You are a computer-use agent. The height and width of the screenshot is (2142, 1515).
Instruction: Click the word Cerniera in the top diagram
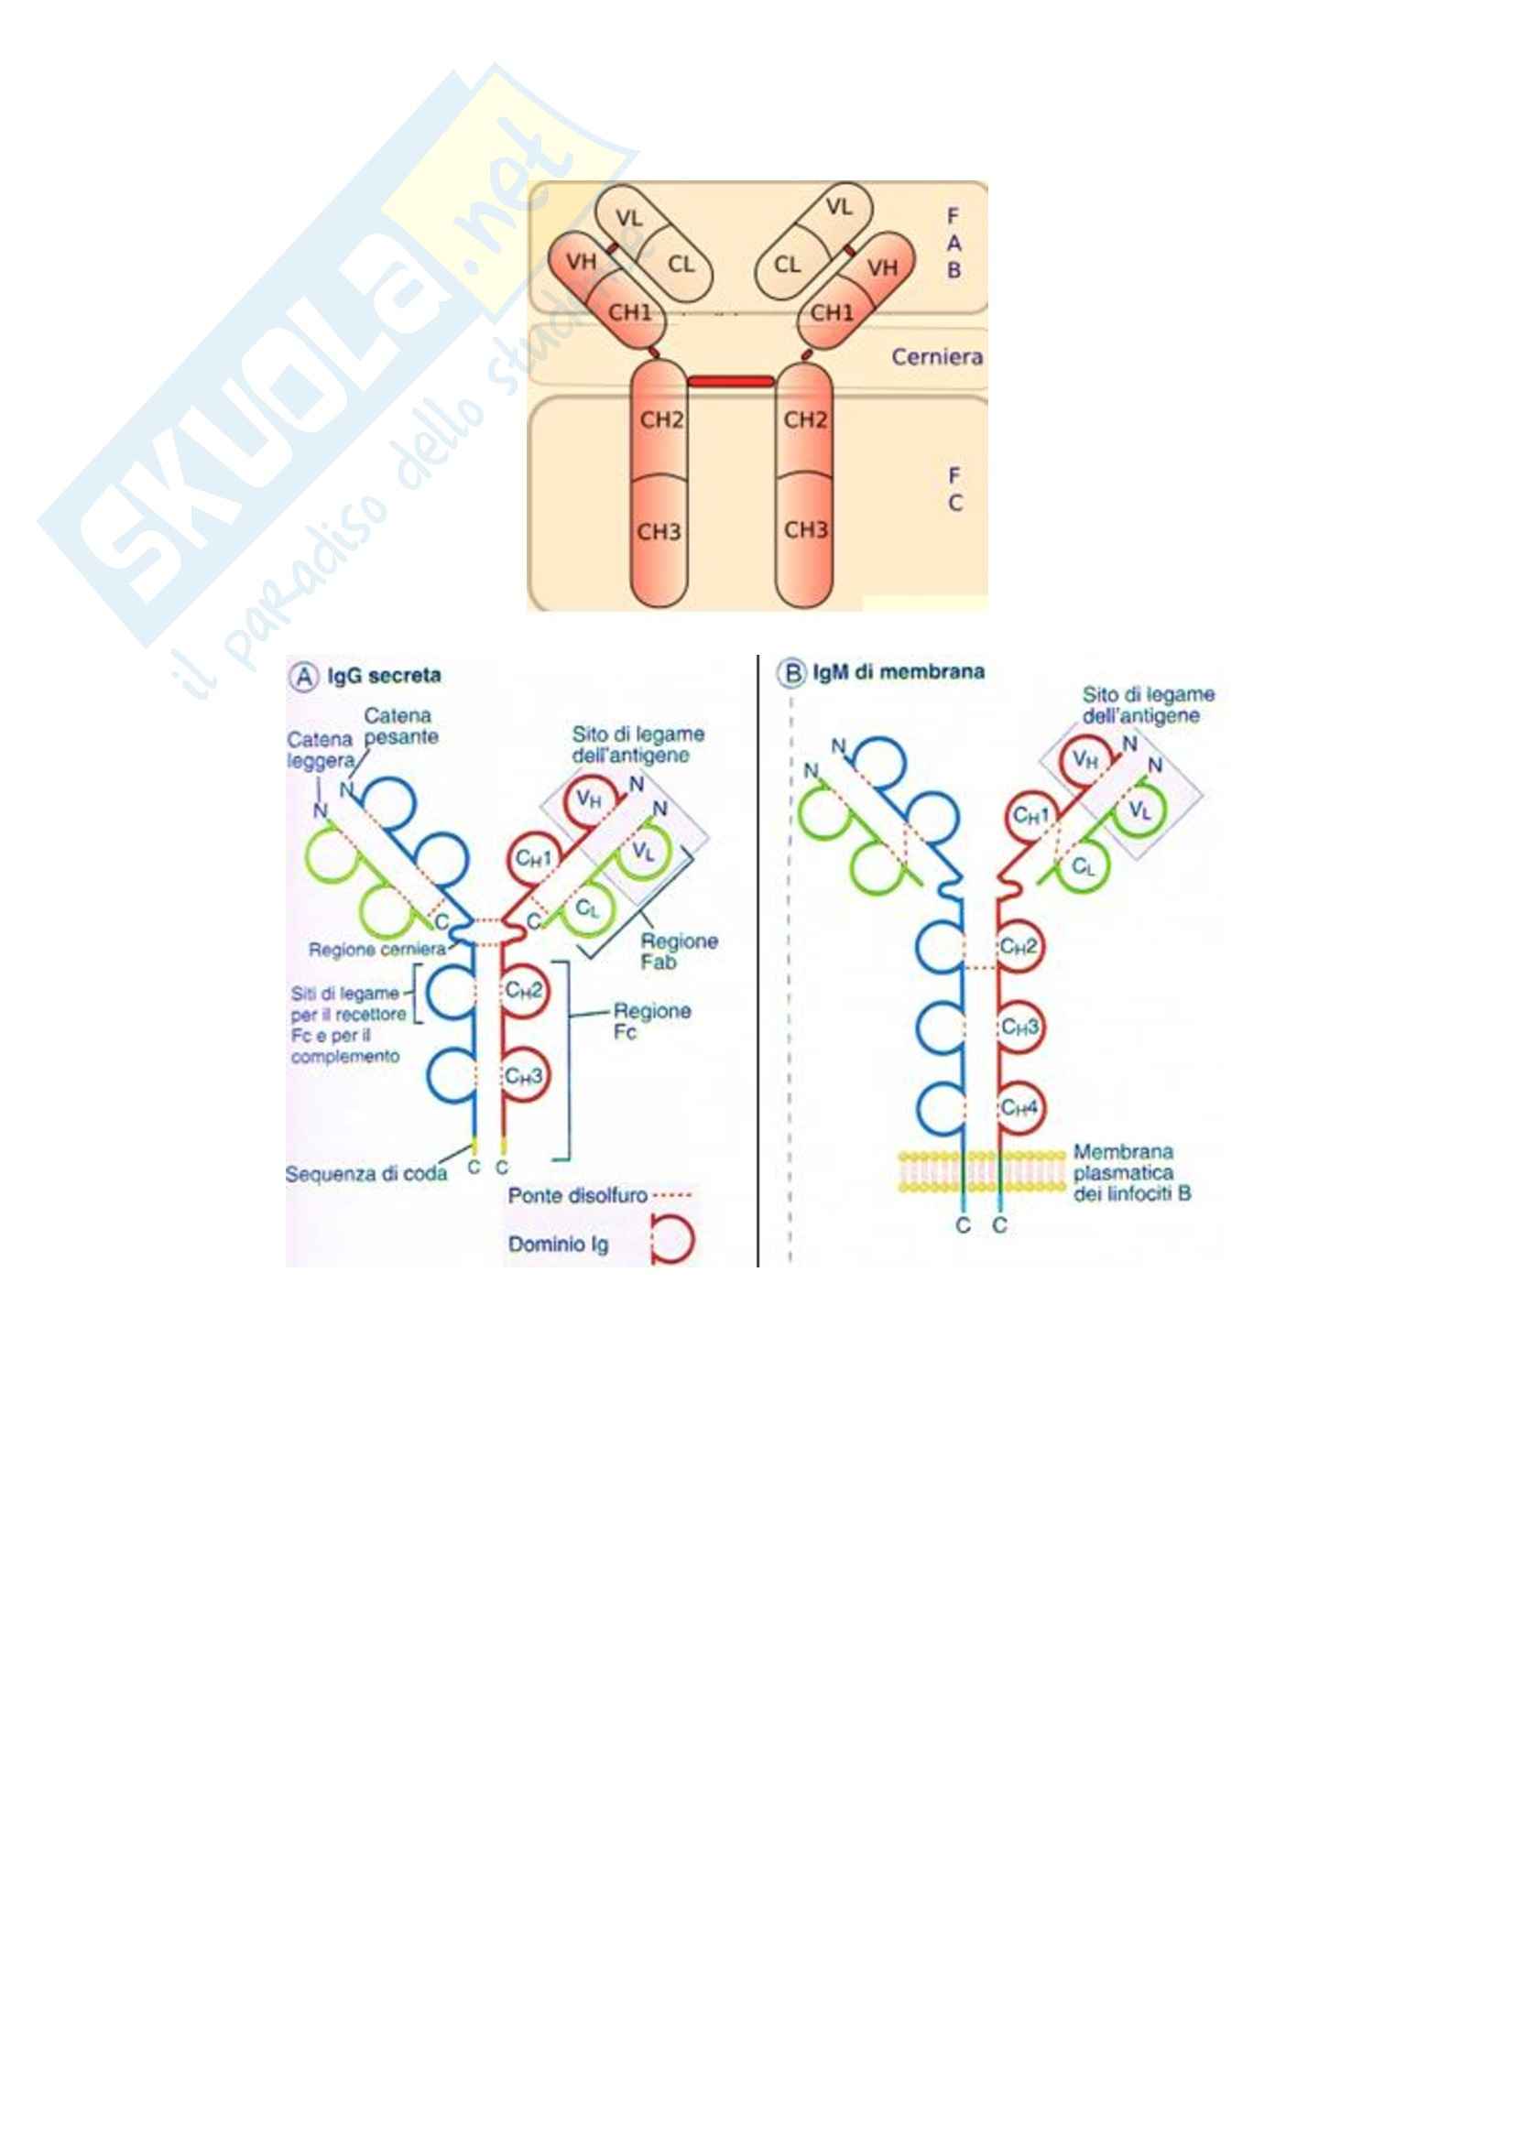[937, 357]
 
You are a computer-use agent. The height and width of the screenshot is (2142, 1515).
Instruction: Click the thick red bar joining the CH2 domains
[730, 381]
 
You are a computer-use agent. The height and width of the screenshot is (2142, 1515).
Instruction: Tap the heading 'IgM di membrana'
[899, 671]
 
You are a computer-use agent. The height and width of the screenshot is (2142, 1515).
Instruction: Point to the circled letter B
[791, 673]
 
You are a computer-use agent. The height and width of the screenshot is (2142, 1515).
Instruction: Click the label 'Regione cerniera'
[377, 951]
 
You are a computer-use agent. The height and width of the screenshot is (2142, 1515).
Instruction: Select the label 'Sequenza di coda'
[365, 1175]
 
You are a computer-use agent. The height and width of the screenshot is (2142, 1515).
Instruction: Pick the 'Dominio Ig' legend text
[558, 1245]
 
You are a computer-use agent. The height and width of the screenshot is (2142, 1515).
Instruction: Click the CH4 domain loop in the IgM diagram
[1019, 1107]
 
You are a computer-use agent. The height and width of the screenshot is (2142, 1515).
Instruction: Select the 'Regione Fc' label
[651, 1020]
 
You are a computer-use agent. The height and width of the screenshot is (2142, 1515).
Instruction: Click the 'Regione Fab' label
[678, 951]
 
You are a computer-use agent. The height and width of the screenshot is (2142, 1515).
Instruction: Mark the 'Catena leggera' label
[320, 749]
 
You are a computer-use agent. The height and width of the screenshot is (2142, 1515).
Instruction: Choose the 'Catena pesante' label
[399, 726]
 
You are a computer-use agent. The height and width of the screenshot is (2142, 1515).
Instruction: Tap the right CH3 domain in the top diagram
[805, 530]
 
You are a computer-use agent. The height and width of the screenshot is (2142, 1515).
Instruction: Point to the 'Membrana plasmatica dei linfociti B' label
[1130, 1173]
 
